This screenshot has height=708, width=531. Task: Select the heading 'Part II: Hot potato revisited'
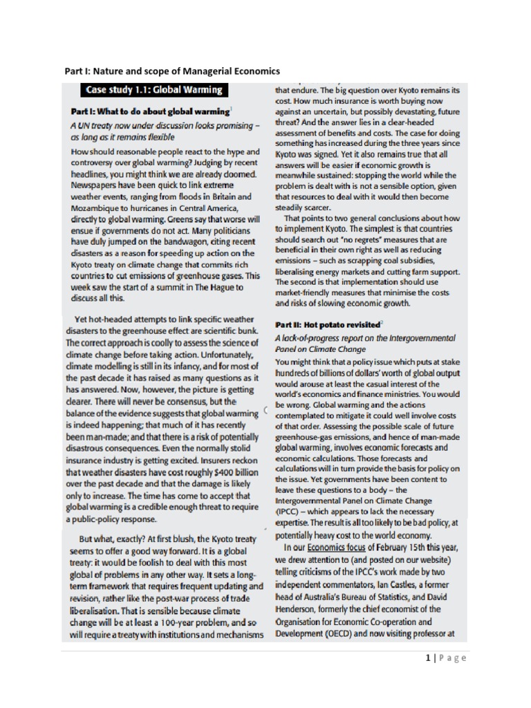[x=328, y=324]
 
